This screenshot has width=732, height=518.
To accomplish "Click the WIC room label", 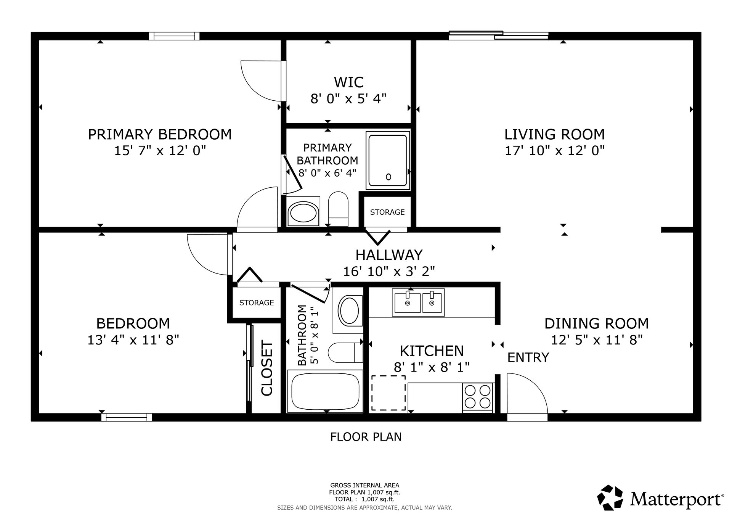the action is [x=348, y=82].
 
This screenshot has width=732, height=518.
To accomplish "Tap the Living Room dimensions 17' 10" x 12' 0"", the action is [x=555, y=151].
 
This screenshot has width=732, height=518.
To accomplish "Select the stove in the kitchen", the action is [x=477, y=397].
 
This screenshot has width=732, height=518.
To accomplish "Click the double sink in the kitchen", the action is [x=418, y=302].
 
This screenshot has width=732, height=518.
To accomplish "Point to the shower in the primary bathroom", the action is [x=388, y=160].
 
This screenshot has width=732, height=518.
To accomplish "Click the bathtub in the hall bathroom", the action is [x=325, y=391].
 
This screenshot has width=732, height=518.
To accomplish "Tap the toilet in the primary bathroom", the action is [x=338, y=209].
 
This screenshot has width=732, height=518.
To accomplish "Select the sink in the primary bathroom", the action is [x=303, y=212].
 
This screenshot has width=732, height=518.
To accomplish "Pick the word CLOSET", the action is [x=267, y=368].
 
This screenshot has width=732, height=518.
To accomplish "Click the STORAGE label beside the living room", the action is [x=387, y=212].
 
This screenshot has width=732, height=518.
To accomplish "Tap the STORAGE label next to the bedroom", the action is [x=257, y=303].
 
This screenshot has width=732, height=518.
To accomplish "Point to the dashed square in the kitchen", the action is [x=388, y=393].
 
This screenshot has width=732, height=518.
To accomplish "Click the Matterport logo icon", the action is [x=610, y=497].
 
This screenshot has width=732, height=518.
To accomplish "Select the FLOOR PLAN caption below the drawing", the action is [x=366, y=437].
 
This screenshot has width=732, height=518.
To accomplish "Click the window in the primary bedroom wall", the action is [x=174, y=36].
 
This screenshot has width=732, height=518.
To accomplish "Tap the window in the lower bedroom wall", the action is [x=127, y=417].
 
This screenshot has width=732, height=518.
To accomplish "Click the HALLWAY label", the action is [x=389, y=255].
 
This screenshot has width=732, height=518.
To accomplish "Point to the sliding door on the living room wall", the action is [x=499, y=35].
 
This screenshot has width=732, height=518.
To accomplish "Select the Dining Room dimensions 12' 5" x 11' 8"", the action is [x=597, y=340].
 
